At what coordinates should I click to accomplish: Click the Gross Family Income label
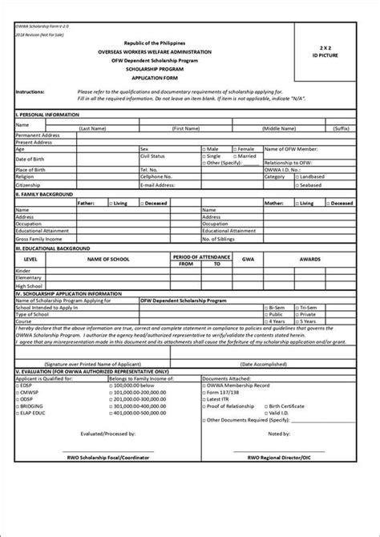39,239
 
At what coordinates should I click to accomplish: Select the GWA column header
248,260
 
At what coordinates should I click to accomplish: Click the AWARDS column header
310,260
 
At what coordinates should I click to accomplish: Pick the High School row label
29,285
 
